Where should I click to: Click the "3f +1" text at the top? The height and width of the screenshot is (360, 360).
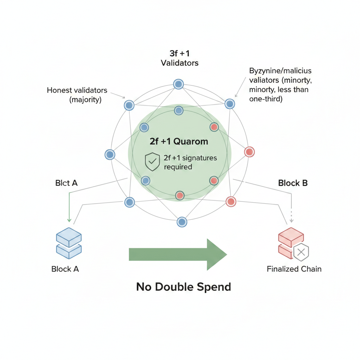pyautogui.click(x=179, y=54)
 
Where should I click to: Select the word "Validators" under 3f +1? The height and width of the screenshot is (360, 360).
pyautogui.click(x=180, y=63)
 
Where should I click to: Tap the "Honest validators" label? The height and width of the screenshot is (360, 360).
pyautogui.click(x=77, y=90)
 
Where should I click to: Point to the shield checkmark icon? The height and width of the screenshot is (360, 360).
pyautogui.click(x=152, y=162)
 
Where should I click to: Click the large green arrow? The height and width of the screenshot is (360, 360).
pyautogui.click(x=178, y=254)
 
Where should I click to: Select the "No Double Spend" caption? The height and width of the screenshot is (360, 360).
pyautogui.click(x=184, y=287)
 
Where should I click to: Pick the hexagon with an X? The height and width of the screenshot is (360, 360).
pyautogui.click(x=301, y=252)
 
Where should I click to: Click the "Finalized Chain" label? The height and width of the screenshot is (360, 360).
pyautogui.click(x=294, y=269)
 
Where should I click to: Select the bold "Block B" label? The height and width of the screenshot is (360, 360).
pyautogui.click(x=293, y=183)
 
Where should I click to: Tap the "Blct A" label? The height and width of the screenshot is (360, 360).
pyautogui.click(x=66, y=183)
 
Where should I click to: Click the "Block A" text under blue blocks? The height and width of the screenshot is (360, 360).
pyautogui.click(x=65, y=269)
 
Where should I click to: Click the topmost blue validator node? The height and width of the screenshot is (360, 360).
pyautogui.click(x=178, y=84)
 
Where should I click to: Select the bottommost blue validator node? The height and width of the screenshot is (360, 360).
pyautogui.click(x=182, y=222)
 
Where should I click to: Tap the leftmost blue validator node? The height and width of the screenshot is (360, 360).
pyautogui.click(x=110, y=154)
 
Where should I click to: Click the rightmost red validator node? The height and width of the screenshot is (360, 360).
pyautogui.click(x=249, y=152)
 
